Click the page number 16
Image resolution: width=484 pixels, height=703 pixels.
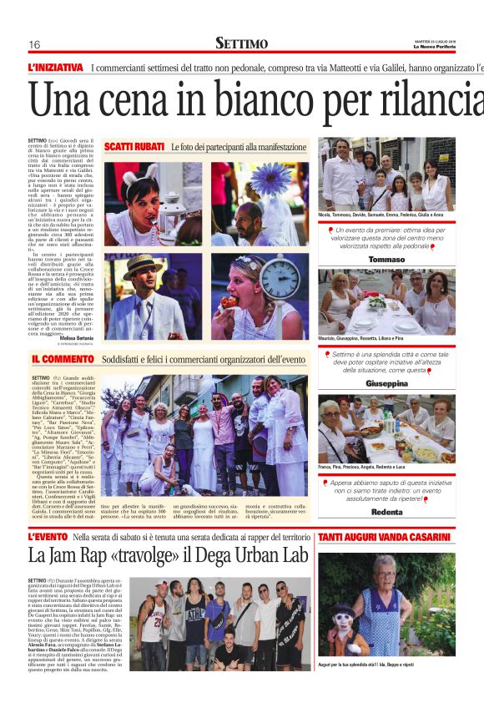34,44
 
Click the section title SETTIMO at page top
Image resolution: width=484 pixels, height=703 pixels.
241,43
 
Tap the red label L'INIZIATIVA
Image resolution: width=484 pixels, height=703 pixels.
56,68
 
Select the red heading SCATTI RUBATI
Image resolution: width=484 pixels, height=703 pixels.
134,147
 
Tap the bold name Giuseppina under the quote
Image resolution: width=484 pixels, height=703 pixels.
386,383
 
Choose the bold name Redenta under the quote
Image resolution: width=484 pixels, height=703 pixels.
386,511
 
